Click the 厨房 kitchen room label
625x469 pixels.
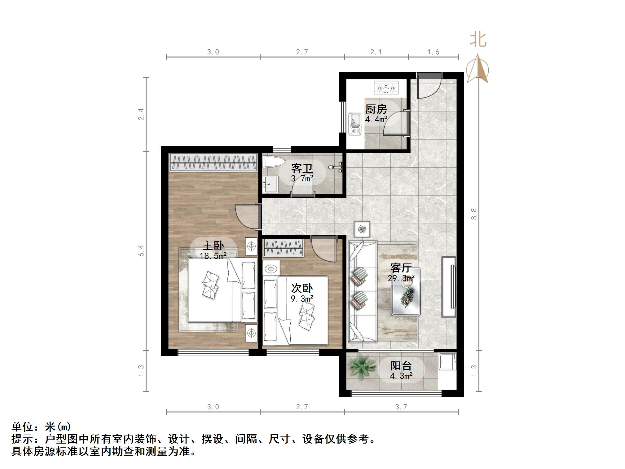click(376, 109)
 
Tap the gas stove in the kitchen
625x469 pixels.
click(386, 88)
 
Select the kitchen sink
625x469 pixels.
click(355, 124)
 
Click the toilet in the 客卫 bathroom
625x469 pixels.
click(274, 162)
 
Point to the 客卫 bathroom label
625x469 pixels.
click(302, 169)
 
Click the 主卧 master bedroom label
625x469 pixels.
click(213, 246)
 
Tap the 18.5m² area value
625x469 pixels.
click(213, 256)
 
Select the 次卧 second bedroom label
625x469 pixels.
click(302, 288)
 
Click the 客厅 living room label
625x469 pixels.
click(401, 268)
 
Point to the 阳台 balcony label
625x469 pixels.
click(401, 366)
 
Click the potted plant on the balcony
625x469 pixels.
click(360, 367)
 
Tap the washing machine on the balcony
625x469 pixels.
click(447, 361)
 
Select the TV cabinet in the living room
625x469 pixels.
click(448, 286)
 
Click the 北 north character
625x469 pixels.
click(478, 40)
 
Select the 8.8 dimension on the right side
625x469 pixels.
click(473, 214)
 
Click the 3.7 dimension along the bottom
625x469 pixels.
click(401, 407)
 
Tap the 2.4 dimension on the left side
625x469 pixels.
click(141, 114)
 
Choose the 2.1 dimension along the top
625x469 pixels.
click(376, 52)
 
